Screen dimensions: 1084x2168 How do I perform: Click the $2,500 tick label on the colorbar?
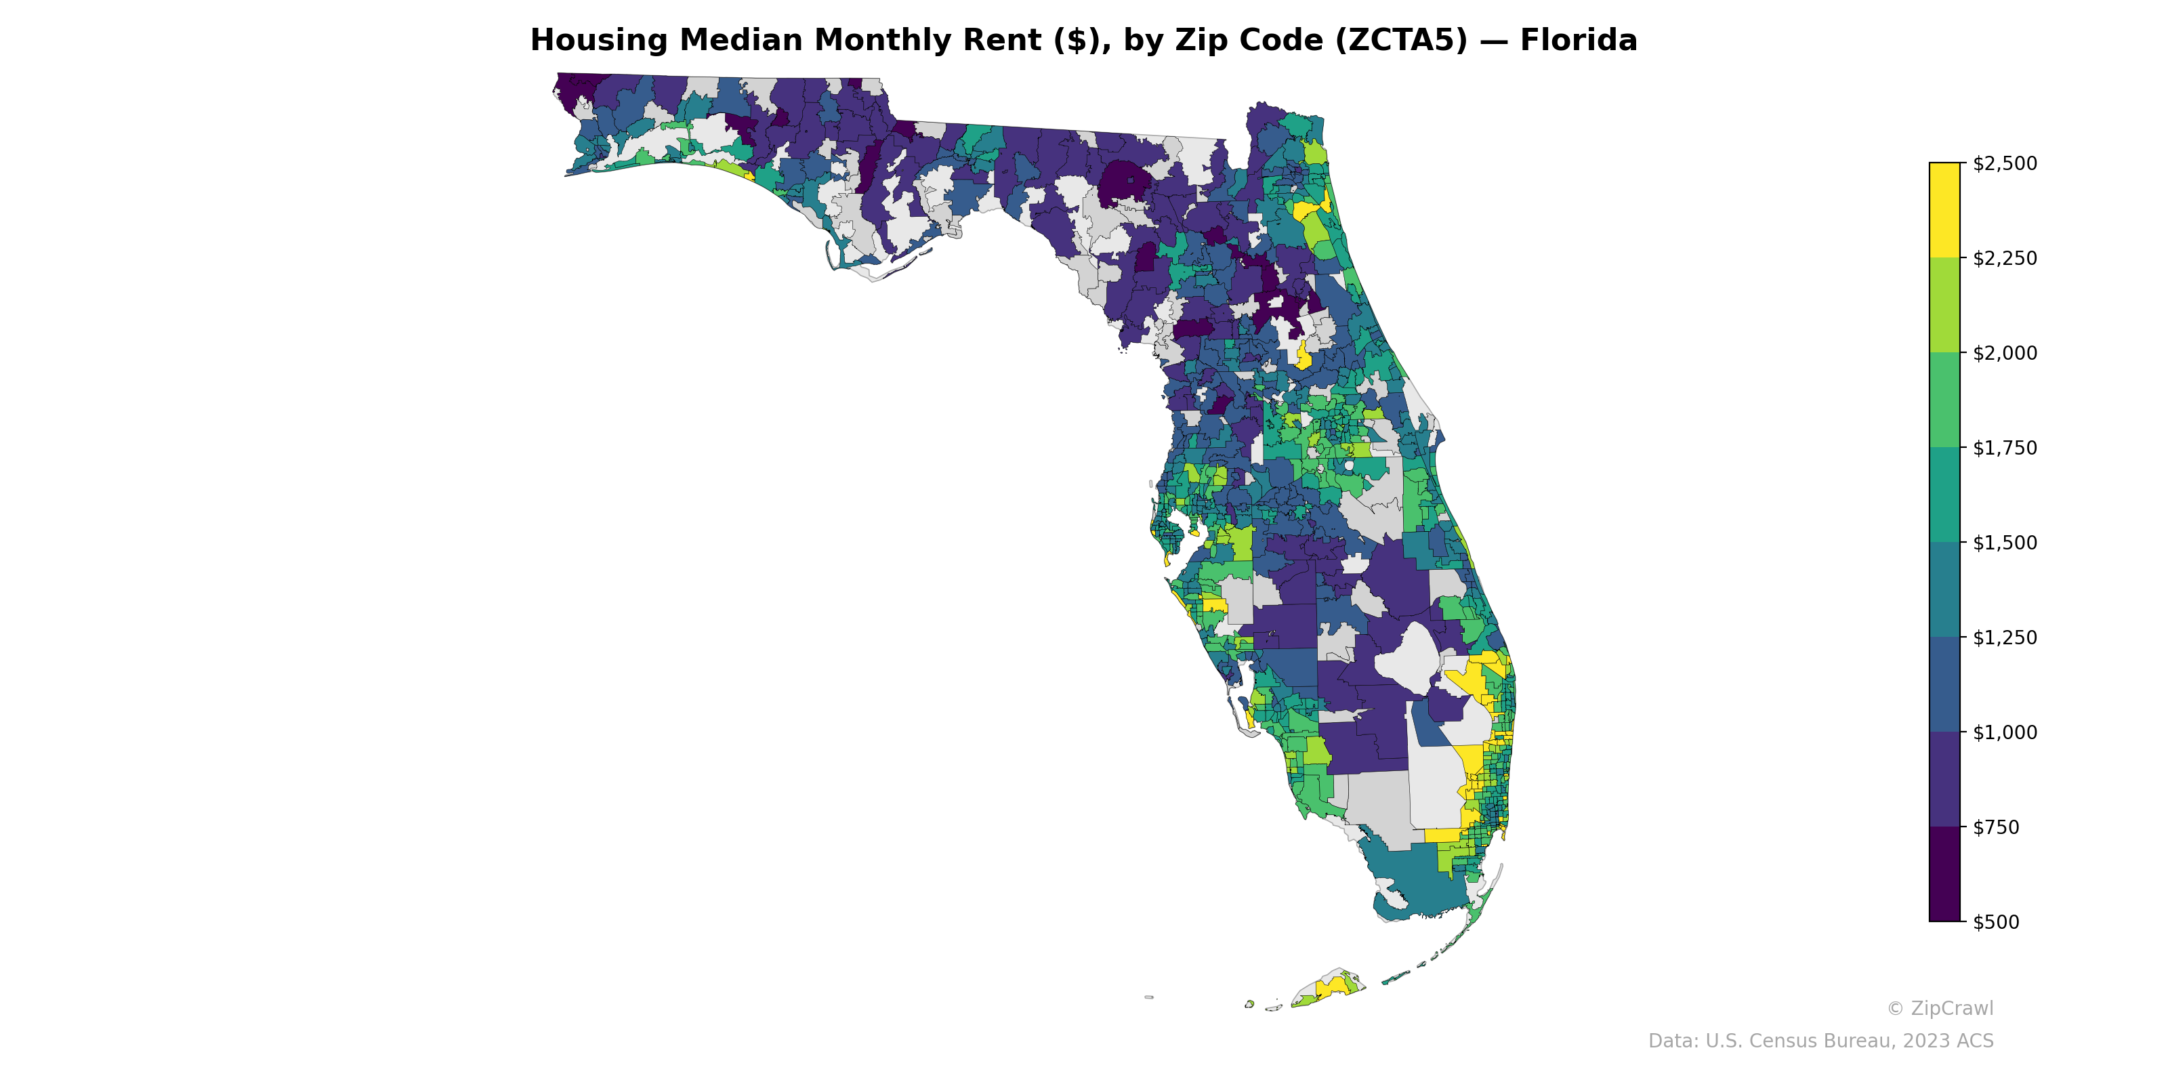coord(2005,163)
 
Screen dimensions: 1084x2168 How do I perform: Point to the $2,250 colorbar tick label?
coord(2005,258)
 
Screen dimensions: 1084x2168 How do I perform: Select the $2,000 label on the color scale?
coord(2005,352)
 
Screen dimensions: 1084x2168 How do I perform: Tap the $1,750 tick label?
coord(2005,448)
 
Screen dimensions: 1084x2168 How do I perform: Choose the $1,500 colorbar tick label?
coord(2005,543)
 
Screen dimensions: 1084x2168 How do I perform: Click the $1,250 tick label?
coord(2005,637)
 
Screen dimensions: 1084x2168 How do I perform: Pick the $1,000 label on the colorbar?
coord(2005,732)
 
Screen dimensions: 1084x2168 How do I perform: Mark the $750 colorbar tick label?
coord(1995,827)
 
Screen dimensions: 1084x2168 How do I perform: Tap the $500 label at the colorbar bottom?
coord(1995,921)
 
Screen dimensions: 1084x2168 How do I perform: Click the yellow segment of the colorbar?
coord(1944,211)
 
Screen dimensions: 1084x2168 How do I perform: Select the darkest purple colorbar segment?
coord(1944,873)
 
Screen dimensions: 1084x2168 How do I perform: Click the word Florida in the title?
coord(1578,41)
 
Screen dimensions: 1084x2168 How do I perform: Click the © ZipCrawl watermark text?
coord(1940,1008)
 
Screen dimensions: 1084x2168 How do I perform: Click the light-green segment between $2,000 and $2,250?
coord(1944,306)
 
